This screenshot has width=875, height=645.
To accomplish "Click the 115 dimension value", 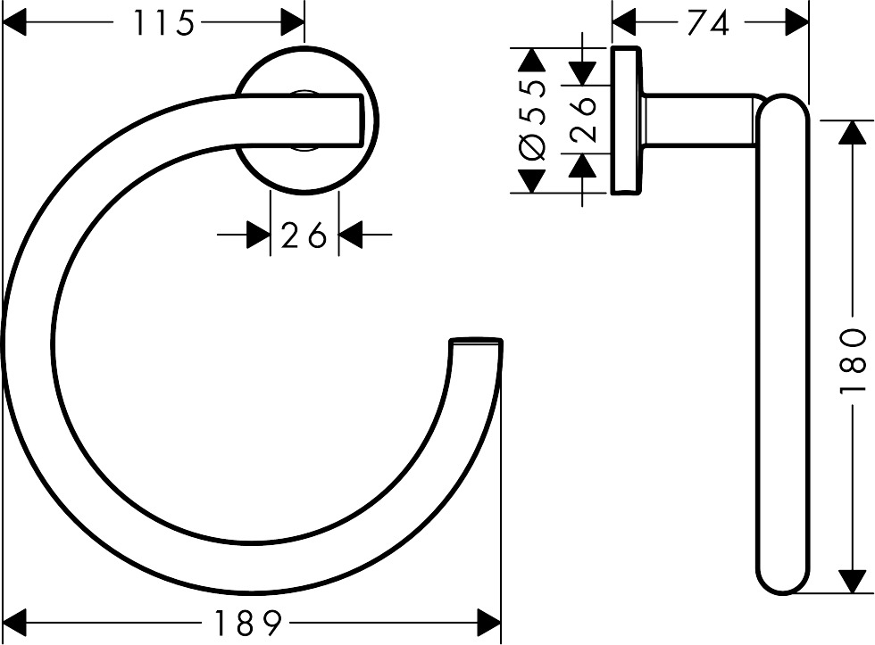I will click(163, 23).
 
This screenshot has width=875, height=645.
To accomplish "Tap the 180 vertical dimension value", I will click(853, 360).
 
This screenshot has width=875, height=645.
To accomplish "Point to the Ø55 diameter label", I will click(533, 120).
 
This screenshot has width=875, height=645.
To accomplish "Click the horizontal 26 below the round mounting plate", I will click(304, 236).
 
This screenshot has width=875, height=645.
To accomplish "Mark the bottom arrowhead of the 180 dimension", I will click(853, 582).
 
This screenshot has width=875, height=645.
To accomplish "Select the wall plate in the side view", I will click(626, 119).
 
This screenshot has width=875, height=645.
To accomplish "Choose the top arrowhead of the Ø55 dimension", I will click(533, 62).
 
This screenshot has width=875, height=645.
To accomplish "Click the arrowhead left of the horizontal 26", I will click(257, 236).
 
